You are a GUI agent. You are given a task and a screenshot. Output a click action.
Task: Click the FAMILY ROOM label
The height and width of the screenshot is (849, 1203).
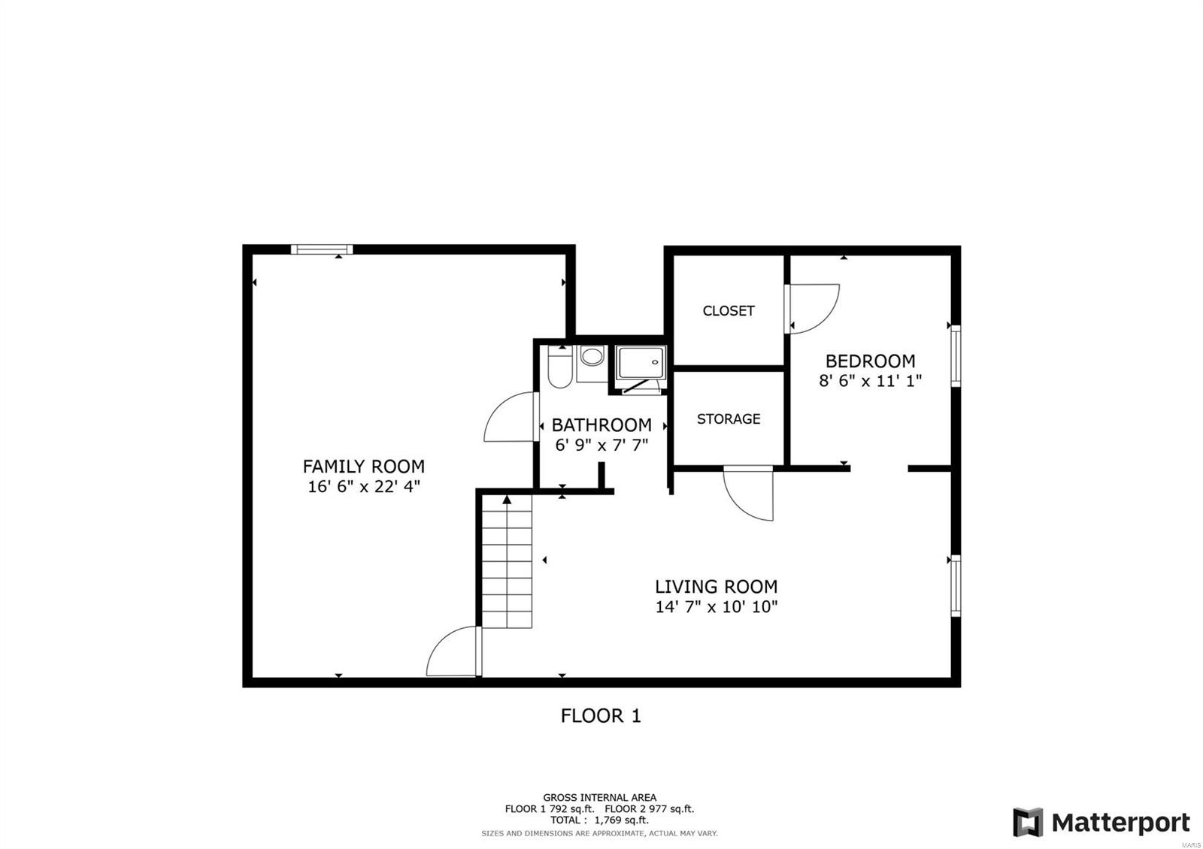(363, 467)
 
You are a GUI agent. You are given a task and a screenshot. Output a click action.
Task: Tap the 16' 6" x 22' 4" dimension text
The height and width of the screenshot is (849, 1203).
(363, 487)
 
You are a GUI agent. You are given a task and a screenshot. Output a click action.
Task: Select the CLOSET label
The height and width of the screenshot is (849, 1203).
(728, 311)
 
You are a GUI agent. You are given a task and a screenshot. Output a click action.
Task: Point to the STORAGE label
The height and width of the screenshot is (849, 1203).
(728, 419)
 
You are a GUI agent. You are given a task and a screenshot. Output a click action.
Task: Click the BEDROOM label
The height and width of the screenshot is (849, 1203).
(870, 361)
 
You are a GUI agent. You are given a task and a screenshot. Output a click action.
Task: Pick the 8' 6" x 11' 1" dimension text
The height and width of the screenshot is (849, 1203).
(870, 381)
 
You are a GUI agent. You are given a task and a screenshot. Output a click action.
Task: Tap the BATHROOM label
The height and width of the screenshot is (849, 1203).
(601, 425)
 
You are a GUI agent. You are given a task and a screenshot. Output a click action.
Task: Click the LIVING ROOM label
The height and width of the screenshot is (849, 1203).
(716, 587)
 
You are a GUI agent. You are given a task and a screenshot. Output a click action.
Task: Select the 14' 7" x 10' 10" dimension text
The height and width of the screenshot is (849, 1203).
(716, 607)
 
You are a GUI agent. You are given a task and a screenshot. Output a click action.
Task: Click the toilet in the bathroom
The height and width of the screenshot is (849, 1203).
(559, 367)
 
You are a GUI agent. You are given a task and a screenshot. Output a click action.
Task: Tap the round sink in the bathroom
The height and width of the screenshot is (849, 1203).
(592, 357)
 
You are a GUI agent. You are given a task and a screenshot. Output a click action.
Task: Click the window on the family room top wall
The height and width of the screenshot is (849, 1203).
(322, 249)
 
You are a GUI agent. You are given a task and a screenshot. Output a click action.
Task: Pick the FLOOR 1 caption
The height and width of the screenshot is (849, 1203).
(601, 716)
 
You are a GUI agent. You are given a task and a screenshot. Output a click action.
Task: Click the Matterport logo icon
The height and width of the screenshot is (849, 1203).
(1028, 823)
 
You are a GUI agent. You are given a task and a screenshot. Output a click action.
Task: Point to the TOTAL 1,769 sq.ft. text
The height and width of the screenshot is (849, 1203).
(599, 820)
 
